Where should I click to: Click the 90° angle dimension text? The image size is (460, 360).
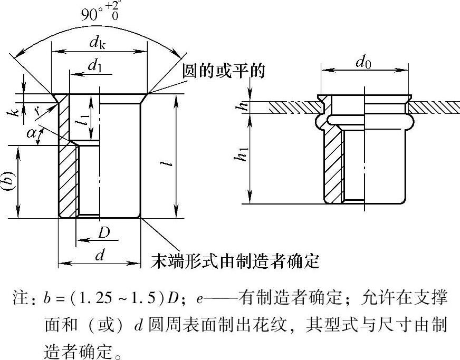coord(100,13)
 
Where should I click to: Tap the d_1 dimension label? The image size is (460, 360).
coord(95,66)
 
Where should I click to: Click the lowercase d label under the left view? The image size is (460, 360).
coord(99,255)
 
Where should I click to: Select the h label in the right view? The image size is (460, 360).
coord(243,105)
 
